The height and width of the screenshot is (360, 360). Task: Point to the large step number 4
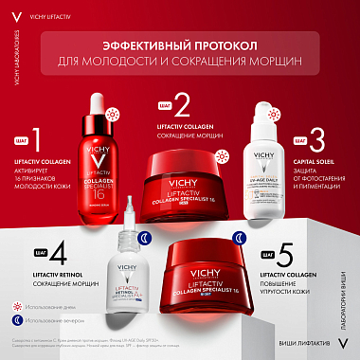tap(37, 256)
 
